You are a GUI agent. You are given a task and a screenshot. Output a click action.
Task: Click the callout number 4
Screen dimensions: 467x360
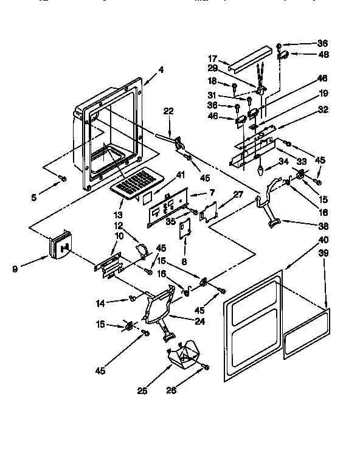(x=161, y=69)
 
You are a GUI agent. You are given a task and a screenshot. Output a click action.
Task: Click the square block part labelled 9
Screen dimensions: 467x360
(x=60, y=246)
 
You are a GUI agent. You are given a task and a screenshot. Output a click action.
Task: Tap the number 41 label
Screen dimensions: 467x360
(x=162, y=175)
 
